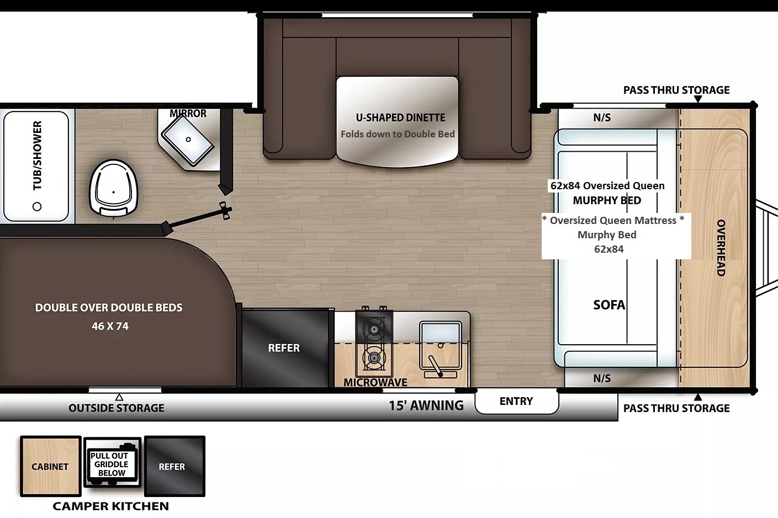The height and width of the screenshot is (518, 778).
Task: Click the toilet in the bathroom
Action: point(114,188)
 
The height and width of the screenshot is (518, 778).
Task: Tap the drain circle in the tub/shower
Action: point(37,206)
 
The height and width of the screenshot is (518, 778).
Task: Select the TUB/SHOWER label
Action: point(37,156)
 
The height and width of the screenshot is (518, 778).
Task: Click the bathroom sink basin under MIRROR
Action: point(188,140)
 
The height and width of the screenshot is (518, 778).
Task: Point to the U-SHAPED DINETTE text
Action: point(400,118)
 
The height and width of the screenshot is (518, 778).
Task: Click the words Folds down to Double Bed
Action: point(398,134)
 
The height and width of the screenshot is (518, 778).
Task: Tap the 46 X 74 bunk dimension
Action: point(110,326)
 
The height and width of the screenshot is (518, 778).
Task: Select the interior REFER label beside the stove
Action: point(284,348)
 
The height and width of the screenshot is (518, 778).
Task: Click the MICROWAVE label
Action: point(375,382)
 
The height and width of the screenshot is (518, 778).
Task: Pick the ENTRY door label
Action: point(516,401)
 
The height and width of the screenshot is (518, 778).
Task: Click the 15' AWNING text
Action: point(426,405)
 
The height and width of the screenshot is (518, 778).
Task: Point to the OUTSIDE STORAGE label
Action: point(117,408)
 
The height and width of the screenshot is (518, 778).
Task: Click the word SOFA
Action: point(609,305)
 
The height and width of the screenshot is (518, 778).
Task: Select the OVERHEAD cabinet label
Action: point(721,248)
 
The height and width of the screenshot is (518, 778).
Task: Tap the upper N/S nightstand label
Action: point(602,118)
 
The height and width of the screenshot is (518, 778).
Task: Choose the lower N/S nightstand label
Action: point(602,378)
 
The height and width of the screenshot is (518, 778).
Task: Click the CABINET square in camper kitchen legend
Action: point(51,466)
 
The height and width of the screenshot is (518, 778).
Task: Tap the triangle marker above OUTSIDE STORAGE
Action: point(119,397)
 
